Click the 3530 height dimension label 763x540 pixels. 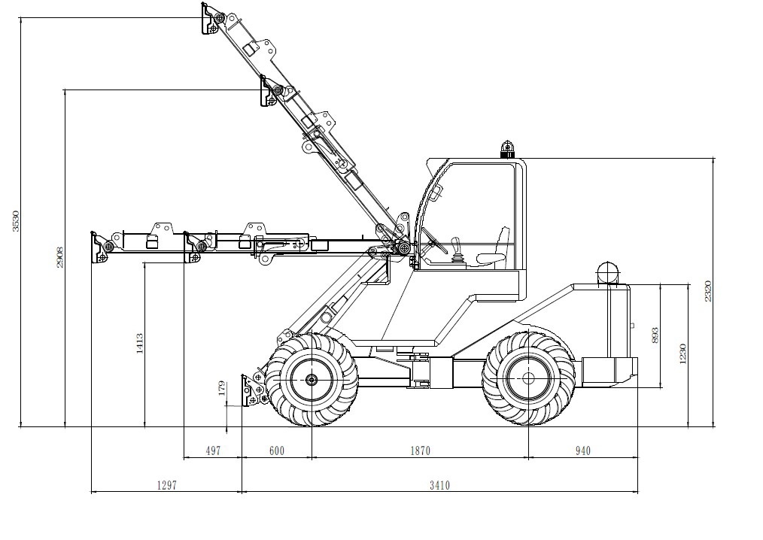(16, 221)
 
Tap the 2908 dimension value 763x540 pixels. (60, 257)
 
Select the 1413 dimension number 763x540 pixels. (140, 344)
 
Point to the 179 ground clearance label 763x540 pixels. (223, 388)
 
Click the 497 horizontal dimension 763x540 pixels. (213, 451)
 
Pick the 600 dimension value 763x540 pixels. (276, 451)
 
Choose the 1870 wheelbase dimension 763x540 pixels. (420, 451)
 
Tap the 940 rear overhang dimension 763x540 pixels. (582, 451)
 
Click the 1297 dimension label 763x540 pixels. (166, 485)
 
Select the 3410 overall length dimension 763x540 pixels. (439, 485)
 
